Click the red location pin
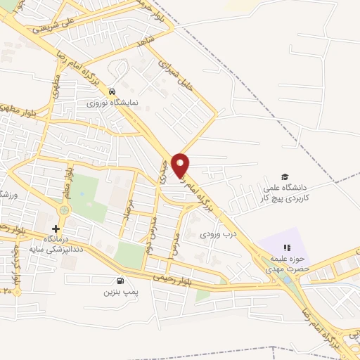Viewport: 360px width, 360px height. point(181,165)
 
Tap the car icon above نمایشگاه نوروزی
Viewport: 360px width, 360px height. point(112,92)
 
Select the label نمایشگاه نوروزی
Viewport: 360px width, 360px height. point(112,103)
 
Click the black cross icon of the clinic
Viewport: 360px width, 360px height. point(56,229)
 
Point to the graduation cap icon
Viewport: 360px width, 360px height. point(285,176)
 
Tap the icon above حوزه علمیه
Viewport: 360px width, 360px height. point(285,247)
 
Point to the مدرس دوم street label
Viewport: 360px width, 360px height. point(150,235)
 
